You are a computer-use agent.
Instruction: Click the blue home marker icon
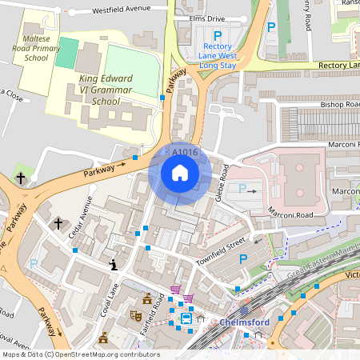[x=180, y=173]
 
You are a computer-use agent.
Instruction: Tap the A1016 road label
[x=185, y=152]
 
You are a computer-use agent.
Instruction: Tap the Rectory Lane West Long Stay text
[x=218, y=57]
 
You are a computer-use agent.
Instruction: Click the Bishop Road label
[x=340, y=104]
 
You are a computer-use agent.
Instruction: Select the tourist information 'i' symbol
[x=113, y=264]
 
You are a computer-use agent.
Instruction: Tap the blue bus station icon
[x=186, y=318]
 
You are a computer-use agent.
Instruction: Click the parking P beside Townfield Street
[x=243, y=258]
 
